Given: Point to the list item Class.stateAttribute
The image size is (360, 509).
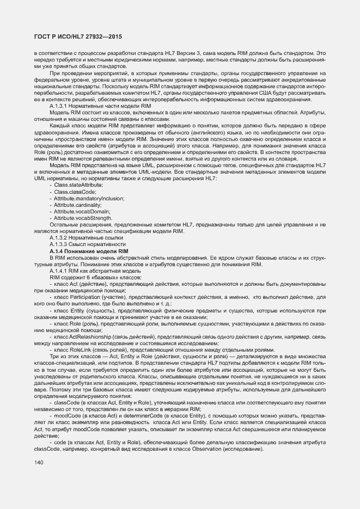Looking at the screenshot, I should pos(78,201).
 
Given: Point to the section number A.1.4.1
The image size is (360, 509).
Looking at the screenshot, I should pos(59,271).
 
